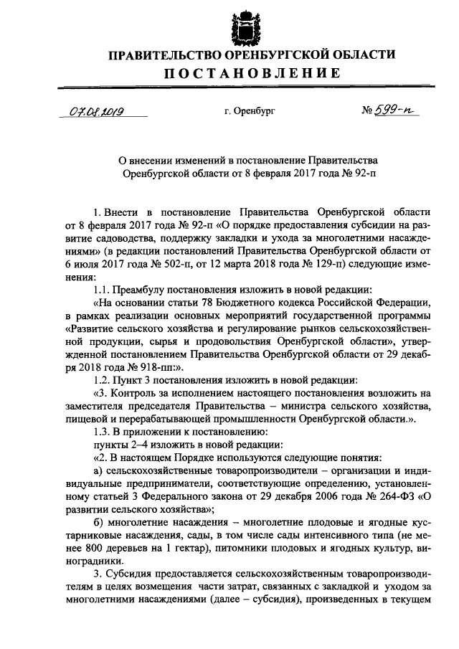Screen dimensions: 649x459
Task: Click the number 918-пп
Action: [x=127, y=365]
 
